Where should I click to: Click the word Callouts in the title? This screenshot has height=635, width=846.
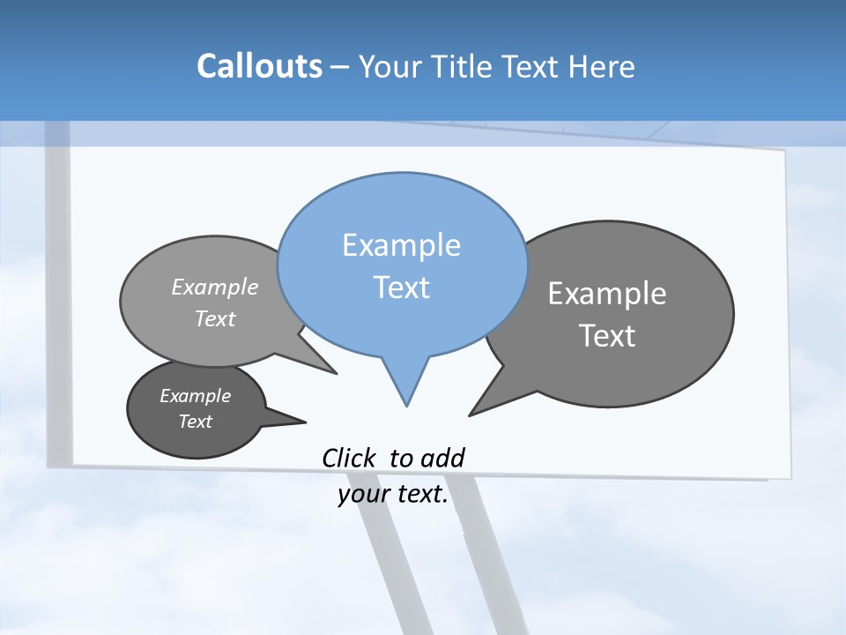click(259, 66)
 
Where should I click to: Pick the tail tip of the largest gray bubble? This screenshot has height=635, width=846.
click(470, 415)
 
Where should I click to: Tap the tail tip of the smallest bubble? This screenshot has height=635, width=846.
click(305, 421)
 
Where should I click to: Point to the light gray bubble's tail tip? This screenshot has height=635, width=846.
click(336, 373)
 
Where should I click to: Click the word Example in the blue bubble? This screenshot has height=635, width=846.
click(402, 244)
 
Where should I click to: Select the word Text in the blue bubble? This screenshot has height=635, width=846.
click(402, 288)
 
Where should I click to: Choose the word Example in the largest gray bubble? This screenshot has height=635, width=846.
click(607, 294)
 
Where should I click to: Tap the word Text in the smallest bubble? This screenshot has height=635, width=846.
click(196, 422)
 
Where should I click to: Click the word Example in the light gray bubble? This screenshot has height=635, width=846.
click(215, 287)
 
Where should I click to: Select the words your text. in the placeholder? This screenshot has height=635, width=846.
click(393, 495)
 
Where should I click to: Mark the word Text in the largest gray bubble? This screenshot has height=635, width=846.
click(607, 336)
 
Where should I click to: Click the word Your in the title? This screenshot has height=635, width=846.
click(391, 66)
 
